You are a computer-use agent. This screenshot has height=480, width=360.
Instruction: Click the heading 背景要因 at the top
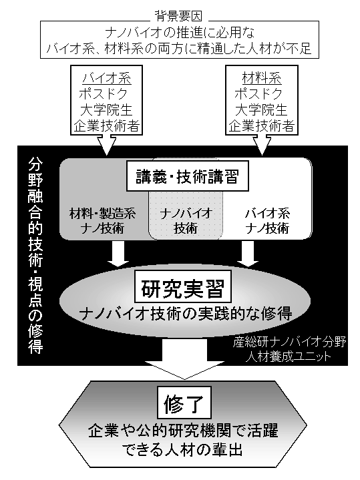pos(179,16)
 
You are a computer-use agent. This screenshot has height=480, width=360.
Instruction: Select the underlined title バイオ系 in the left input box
pos(106,78)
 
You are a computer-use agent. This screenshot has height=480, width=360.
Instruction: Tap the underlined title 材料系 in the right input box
pos(261,78)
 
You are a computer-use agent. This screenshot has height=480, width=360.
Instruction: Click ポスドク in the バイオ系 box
pos(103,94)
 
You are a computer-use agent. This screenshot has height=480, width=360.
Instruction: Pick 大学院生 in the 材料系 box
pos(261,110)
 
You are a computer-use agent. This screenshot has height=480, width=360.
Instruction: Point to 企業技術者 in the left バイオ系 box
pos(107,126)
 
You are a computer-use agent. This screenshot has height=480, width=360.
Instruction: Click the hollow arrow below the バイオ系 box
pos(107,145)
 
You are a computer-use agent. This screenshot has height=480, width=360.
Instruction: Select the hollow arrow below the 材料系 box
pos(262,145)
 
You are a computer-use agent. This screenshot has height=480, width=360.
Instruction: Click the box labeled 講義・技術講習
pos(188,177)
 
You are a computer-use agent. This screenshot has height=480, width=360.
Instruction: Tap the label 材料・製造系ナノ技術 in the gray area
pos(102,220)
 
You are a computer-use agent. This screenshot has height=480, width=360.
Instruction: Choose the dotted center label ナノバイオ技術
pos(186,220)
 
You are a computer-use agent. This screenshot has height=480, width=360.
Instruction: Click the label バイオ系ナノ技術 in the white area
pos(267,220)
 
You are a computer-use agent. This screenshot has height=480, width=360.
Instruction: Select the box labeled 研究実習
pos(182,288)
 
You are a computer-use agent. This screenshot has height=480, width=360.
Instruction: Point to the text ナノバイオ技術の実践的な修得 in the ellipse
pos(186,314)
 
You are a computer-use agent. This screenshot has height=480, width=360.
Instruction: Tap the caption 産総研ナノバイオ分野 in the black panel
pos(289,342)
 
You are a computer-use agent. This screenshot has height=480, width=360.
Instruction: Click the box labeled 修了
pos(184,403)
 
